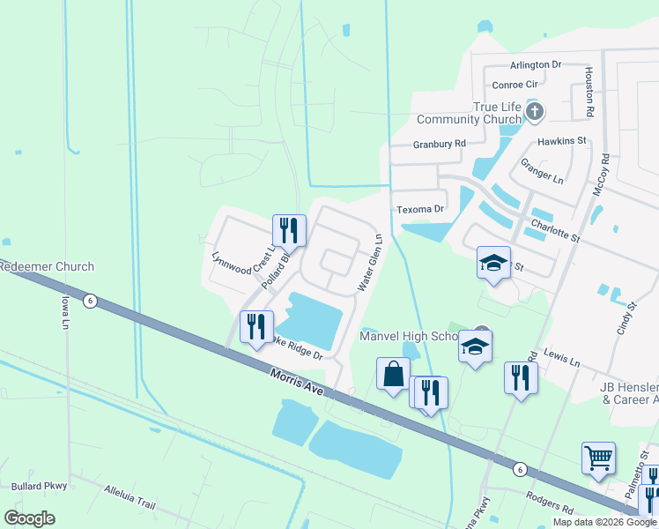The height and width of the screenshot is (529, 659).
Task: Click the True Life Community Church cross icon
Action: (x=535, y=112)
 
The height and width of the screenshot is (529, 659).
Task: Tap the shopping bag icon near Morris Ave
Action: (x=392, y=373)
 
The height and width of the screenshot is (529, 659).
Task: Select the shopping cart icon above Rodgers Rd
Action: (x=598, y=458)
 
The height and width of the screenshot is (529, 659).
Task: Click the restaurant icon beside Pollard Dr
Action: (x=289, y=231)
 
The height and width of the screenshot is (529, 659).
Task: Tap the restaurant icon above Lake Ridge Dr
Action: (x=255, y=326)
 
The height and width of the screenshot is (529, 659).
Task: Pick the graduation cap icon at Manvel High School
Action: (x=475, y=346)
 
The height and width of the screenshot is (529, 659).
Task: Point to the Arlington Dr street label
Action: (x=536, y=65)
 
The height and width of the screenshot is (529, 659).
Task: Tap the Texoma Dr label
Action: (x=420, y=209)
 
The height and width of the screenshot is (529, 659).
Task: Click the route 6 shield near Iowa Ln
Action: (x=90, y=301)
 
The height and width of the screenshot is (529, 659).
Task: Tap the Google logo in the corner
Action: (x=30, y=518)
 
